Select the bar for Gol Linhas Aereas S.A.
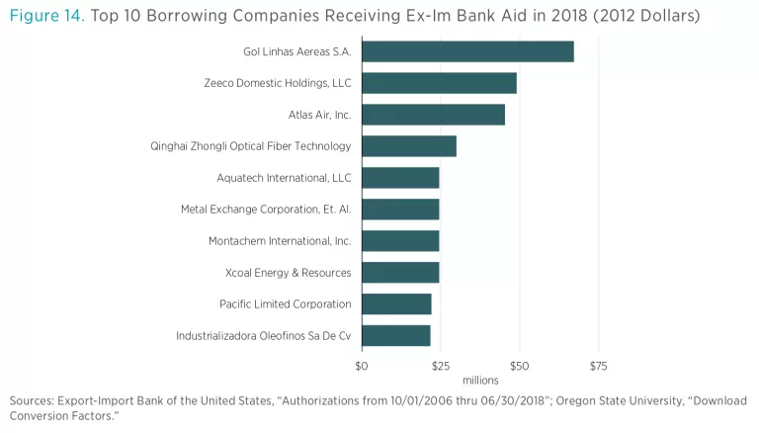pyautogui.click(x=467, y=51)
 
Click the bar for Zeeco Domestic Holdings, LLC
pyautogui.click(x=439, y=83)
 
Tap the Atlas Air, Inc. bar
pyautogui.click(x=433, y=115)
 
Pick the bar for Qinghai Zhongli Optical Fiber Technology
pyautogui.click(x=409, y=146)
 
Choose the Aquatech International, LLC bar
pyautogui.click(x=400, y=178)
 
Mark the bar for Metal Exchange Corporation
pyautogui.click(x=400, y=210)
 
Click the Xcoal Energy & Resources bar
pyautogui.click(x=400, y=272)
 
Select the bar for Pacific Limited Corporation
pyautogui.click(x=396, y=303)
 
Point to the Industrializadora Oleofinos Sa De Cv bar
pyautogui.click(x=396, y=335)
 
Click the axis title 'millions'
pyautogui.click(x=480, y=381)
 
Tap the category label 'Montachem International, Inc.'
pyautogui.click(x=280, y=241)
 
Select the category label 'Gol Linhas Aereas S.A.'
pyautogui.click(x=296, y=51)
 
